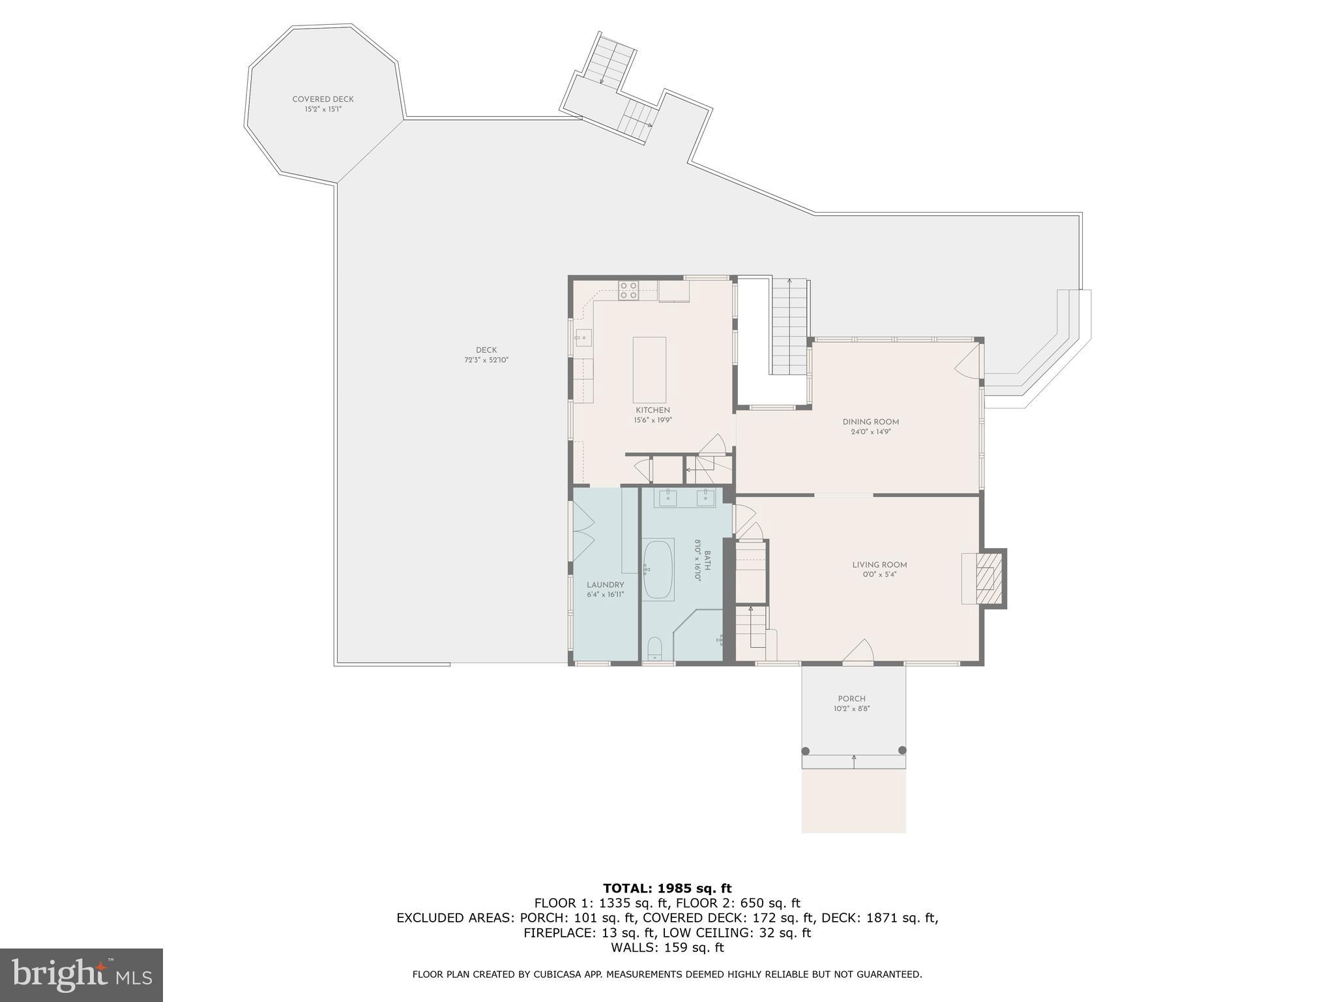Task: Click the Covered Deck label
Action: pyautogui.click(x=323, y=99)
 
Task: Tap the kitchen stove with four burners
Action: pyautogui.click(x=628, y=290)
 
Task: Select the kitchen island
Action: pyautogui.click(x=649, y=370)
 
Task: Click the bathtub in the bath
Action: pyautogui.click(x=658, y=569)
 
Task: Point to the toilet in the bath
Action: pyautogui.click(x=654, y=648)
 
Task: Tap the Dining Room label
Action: pyautogui.click(x=870, y=422)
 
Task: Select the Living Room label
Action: pyautogui.click(x=879, y=565)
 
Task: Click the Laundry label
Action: pyautogui.click(x=605, y=585)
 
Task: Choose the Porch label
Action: pyautogui.click(x=851, y=699)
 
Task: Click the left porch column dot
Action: pyautogui.click(x=806, y=751)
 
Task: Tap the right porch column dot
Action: pyautogui.click(x=902, y=750)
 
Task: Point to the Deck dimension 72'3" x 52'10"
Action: pyautogui.click(x=486, y=360)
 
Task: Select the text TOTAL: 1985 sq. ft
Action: pyautogui.click(x=667, y=888)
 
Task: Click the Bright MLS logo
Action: pyautogui.click(x=81, y=975)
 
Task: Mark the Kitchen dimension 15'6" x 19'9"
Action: pyautogui.click(x=653, y=420)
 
